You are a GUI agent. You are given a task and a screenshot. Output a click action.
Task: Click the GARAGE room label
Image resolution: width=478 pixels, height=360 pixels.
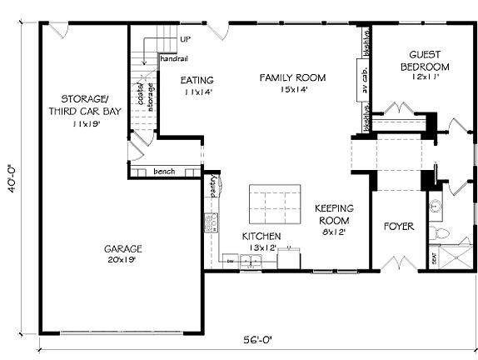pyautogui.click(x=123, y=248)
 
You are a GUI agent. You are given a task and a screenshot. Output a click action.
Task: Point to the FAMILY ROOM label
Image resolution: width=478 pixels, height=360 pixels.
pyautogui.click(x=291, y=78)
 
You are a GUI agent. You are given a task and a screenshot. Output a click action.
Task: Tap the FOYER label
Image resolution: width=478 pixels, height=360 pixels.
pyautogui.click(x=399, y=226)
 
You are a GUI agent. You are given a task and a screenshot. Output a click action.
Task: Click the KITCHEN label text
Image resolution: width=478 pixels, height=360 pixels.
pyautogui.click(x=261, y=237)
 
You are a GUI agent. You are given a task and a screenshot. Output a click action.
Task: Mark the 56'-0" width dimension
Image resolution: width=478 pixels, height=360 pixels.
pyautogui.click(x=257, y=340)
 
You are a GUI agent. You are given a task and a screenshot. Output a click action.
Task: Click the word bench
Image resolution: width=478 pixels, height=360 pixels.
pyautogui.click(x=164, y=171)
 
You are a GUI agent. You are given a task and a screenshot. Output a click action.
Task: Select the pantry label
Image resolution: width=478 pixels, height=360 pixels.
pyautogui.click(x=214, y=184)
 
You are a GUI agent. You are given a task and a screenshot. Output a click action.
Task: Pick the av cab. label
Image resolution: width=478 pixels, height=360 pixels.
pyautogui.click(x=365, y=83)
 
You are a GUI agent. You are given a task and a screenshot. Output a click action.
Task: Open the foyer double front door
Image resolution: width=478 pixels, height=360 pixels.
pyautogui.click(x=397, y=264)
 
